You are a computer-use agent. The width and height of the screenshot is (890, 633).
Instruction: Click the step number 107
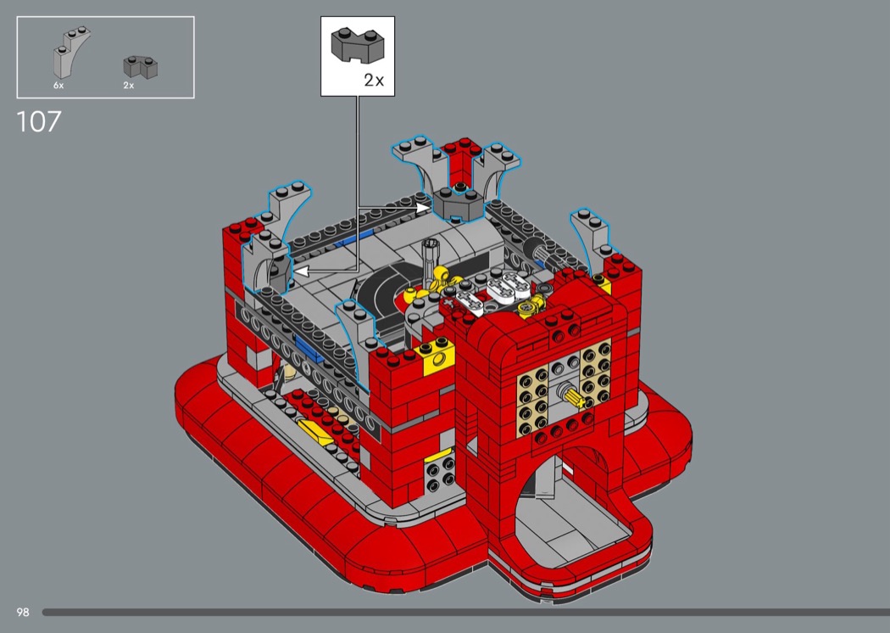39,121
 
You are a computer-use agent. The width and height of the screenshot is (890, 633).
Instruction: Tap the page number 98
23,612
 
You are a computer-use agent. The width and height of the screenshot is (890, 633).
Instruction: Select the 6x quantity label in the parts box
58,85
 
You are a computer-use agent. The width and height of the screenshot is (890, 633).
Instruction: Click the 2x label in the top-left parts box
129,85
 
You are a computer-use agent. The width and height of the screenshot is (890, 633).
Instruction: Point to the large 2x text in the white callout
374,80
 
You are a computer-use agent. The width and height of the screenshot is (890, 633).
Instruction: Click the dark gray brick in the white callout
358,46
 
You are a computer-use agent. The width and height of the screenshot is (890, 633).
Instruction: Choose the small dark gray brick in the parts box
140,66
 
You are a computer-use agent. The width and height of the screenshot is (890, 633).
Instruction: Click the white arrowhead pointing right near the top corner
422,207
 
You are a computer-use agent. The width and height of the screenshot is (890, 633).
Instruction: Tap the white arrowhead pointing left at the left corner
301,272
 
